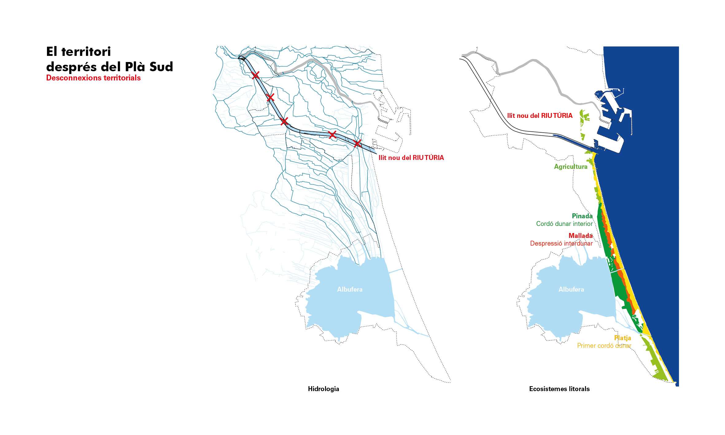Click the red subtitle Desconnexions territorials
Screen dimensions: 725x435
point(93,78)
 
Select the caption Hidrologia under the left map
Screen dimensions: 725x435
point(324,389)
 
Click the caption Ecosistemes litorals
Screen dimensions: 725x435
point(559,389)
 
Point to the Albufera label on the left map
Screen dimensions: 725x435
point(350,289)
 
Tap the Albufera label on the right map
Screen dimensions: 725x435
point(571,289)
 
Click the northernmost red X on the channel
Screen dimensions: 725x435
point(255,75)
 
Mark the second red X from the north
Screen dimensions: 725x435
point(270,98)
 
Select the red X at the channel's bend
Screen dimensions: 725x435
point(284,121)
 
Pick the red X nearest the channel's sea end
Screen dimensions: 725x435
point(357,143)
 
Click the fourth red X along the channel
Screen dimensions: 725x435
point(332,134)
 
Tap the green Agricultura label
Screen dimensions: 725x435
point(571,167)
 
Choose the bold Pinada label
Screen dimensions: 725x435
point(582,216)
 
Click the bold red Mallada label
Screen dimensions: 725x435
point(580,236)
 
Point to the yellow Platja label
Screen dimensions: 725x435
point(622,338)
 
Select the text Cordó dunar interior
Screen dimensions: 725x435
point(564,224)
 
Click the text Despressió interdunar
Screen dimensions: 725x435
point(561,243)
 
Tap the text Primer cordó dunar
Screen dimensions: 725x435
point(604,346)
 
